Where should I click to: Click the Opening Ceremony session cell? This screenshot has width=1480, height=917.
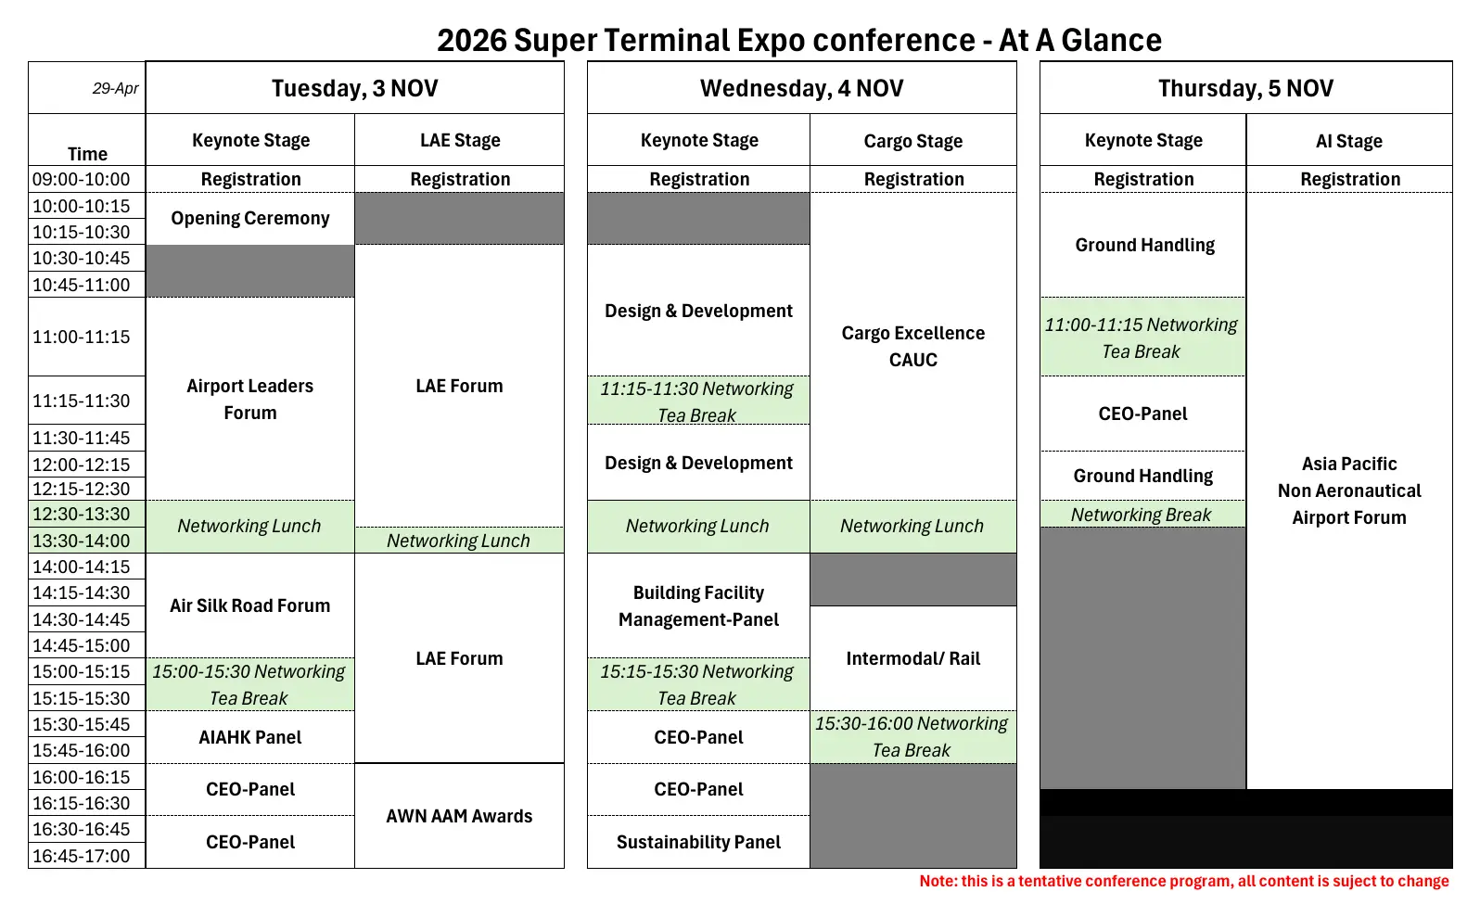click(249, 219)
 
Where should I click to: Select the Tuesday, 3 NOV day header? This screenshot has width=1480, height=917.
click(355, 88)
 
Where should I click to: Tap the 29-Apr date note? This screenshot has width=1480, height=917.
click(116, 88)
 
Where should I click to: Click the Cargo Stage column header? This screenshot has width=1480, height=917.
click(913, 141)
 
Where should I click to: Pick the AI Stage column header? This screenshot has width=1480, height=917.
click(1349, 141)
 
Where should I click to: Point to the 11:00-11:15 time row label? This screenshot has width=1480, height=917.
click(82, 337)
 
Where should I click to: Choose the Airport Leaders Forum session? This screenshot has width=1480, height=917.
click(249, 399)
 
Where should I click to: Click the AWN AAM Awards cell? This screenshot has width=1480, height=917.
click(459, 816)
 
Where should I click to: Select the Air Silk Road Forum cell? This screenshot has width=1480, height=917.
click(249, 605)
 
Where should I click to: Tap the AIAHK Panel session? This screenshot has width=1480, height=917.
click(249, 737)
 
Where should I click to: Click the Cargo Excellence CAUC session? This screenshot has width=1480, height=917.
click(913, 346)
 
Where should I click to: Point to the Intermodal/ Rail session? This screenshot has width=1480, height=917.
click(913, 658)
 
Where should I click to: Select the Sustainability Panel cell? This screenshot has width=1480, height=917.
click(698, 842)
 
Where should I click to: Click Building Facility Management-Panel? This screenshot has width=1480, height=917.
click(698, 605)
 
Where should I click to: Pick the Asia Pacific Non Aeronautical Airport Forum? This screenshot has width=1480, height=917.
click(1349, 490)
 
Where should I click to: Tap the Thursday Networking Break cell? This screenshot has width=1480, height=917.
click(1142, 514)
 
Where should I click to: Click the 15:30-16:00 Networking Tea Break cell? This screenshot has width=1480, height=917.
click(913, 737)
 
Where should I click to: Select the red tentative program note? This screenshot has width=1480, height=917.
click(1184, 881)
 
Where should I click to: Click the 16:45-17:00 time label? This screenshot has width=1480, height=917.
click(82, 856)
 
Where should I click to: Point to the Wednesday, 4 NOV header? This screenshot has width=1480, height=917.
click(801, 88)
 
